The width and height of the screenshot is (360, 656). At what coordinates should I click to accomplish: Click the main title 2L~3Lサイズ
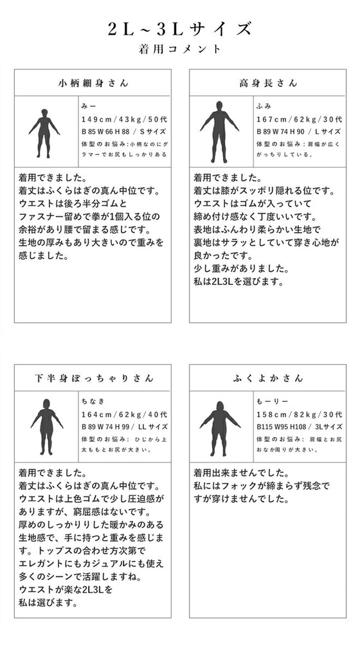[180, 29]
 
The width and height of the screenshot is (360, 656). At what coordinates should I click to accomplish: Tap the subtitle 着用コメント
[180, 49]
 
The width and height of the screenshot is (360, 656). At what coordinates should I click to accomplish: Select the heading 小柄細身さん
[93, 83]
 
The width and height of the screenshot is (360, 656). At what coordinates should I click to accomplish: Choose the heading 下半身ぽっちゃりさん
[94, 378]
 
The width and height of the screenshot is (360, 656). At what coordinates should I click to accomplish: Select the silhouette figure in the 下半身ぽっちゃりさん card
[46, 427]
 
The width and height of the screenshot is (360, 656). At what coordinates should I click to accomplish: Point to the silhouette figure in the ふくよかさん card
[220, 428]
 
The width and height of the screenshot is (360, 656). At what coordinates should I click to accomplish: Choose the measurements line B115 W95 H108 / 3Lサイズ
[300, 426]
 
